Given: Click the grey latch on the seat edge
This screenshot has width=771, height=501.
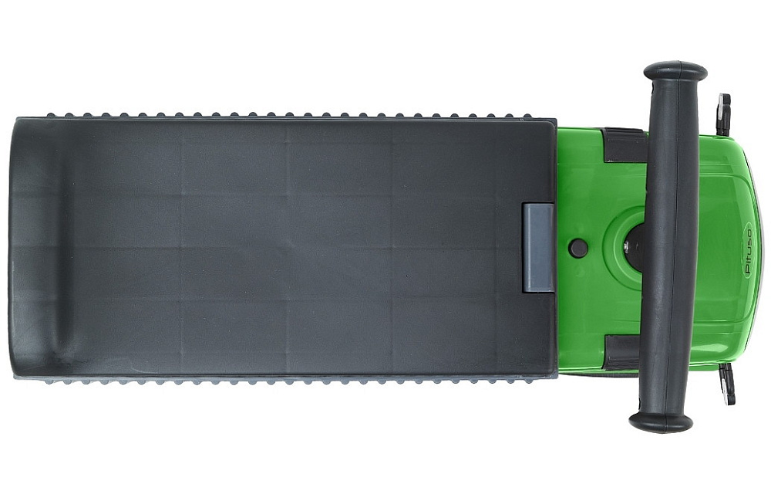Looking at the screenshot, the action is click(x=538, y=248).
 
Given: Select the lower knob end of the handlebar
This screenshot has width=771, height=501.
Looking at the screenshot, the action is click(x=662, y=422).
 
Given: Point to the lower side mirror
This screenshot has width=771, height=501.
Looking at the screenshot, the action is click(x=726, y=385).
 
